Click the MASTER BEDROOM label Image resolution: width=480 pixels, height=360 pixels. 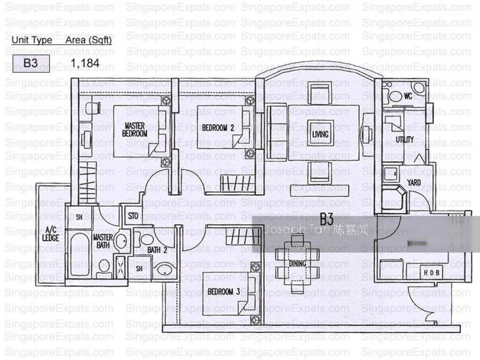[135, 129]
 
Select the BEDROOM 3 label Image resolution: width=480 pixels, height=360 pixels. [224, 292]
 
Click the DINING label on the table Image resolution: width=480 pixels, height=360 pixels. [297, 263]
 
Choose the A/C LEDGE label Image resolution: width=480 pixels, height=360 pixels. [51, 234]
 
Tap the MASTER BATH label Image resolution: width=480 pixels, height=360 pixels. [102, 241]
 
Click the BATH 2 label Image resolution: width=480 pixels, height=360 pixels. [157, 250]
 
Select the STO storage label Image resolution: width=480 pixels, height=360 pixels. [134, 216]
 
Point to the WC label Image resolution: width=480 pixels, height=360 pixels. [408, 96]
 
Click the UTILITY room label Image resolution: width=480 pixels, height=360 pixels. [405, 139]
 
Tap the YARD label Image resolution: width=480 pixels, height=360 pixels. [413, 182]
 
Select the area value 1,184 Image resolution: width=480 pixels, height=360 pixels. [85, 62]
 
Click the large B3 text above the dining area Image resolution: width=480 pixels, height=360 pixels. [326, 218]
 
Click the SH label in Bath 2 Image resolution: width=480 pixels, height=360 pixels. [140, 269]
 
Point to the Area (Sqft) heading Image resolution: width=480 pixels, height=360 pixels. [89, 40]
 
